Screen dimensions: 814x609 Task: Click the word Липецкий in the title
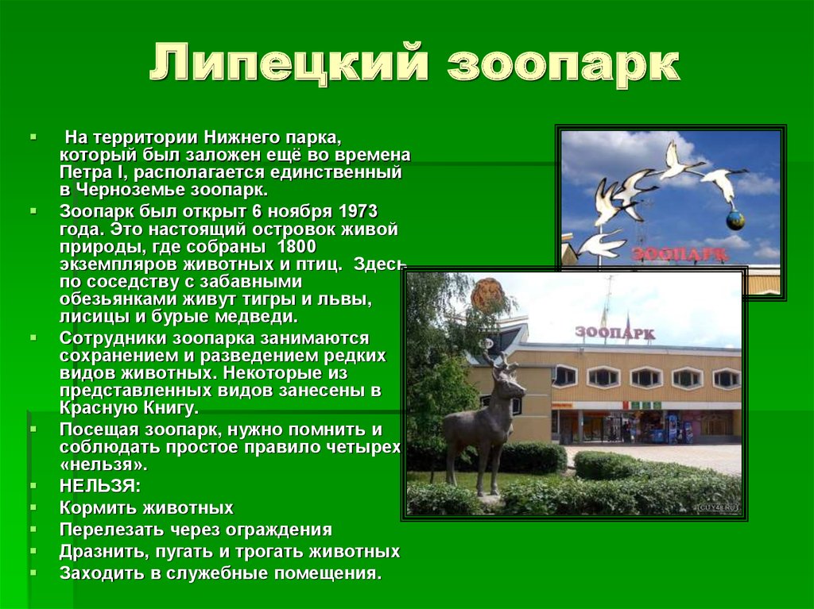click(289, 64)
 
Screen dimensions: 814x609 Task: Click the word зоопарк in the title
click(564, 67)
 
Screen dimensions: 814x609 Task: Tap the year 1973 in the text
click(358, 212)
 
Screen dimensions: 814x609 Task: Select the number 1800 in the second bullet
click(297, 246)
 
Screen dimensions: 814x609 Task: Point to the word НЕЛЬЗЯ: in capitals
click(99, 486)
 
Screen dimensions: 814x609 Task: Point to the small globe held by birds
click(735, 221)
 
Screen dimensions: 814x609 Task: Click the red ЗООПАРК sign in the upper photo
click(680, 253)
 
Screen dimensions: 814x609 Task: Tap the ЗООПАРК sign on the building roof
click(614, 333)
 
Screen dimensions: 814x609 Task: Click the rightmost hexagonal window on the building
click(727, 380)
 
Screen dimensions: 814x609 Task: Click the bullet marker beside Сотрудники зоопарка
click(33, 337)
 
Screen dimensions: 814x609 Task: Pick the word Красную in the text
click(92, 408)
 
